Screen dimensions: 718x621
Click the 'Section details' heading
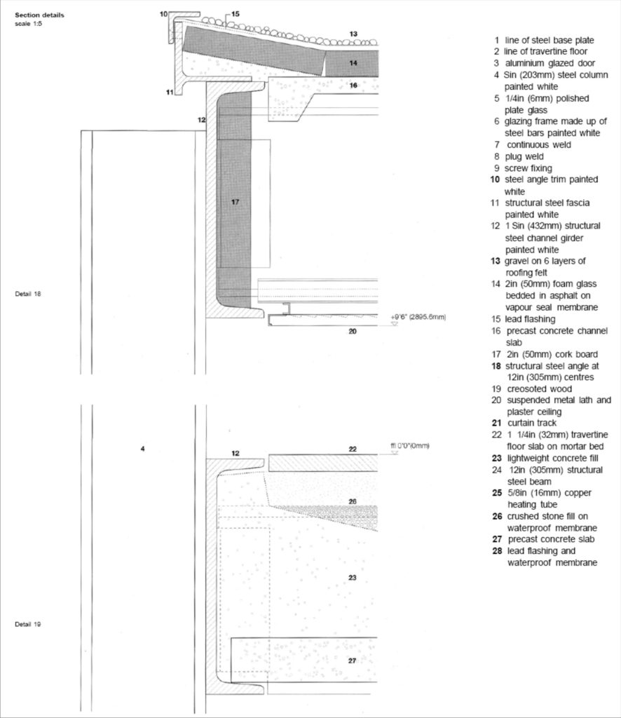40,15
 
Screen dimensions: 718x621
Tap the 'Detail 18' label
28,293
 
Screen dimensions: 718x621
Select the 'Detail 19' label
28,624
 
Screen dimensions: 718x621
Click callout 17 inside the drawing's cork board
235,202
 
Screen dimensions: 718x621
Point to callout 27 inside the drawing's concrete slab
353,660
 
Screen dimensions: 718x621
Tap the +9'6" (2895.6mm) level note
418,317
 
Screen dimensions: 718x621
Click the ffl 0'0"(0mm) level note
409,446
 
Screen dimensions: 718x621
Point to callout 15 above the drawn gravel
235,14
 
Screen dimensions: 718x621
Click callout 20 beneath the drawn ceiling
353,331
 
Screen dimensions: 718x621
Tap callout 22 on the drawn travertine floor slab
353,449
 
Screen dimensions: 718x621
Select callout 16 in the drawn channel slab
353,86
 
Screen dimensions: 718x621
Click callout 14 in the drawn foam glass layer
353,63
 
